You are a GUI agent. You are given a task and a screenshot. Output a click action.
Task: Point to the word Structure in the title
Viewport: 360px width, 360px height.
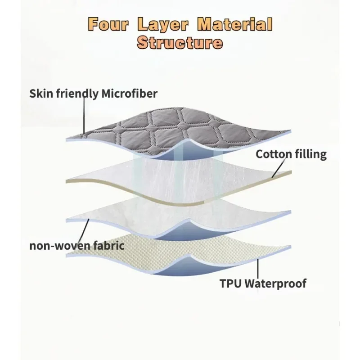[x=180, y=43]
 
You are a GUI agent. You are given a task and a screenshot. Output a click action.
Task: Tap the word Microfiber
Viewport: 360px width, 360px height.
[x=130, y=94]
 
